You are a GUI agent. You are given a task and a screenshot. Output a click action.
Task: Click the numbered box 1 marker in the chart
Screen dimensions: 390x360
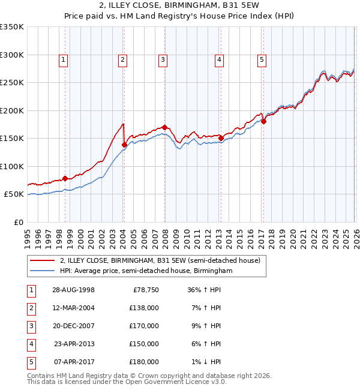click(63, 59)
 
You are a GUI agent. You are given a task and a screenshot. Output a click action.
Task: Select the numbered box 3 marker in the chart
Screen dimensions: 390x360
click(163, 59)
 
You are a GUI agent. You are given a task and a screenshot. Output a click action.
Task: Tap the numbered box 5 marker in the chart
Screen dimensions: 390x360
click(262, 59)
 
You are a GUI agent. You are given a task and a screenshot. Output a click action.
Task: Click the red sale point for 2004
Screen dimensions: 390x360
click(124, 145)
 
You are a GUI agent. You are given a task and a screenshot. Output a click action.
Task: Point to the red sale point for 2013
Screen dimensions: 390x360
click(221, 138)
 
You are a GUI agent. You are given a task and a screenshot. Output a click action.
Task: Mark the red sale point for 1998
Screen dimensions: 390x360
click(65, 178)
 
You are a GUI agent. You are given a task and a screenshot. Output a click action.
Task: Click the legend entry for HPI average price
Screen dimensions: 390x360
click(146, 271)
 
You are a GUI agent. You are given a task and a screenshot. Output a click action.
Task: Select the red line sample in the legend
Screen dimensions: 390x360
click(42, 261)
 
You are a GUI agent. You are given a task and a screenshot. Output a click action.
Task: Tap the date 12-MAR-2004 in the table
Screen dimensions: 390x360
click(73, 307)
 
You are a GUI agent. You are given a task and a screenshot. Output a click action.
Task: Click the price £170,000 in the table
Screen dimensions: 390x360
click(144, 325)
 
